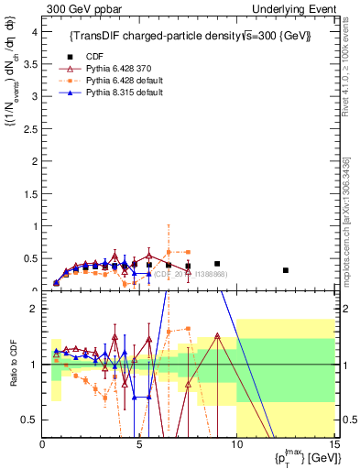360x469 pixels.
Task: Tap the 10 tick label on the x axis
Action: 236,446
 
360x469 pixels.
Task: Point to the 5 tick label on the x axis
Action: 139,446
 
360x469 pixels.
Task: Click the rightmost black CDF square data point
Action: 286,270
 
